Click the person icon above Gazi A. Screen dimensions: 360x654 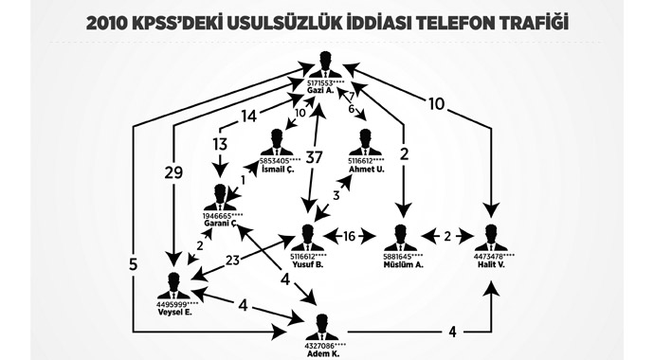click(325, 63)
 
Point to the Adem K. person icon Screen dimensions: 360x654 click(322, 324)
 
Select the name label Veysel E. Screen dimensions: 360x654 click(173, 313)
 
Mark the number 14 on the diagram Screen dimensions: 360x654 click(249, 117)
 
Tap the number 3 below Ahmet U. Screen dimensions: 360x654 click(334, 196)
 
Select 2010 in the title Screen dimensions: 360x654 click(110, 19)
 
